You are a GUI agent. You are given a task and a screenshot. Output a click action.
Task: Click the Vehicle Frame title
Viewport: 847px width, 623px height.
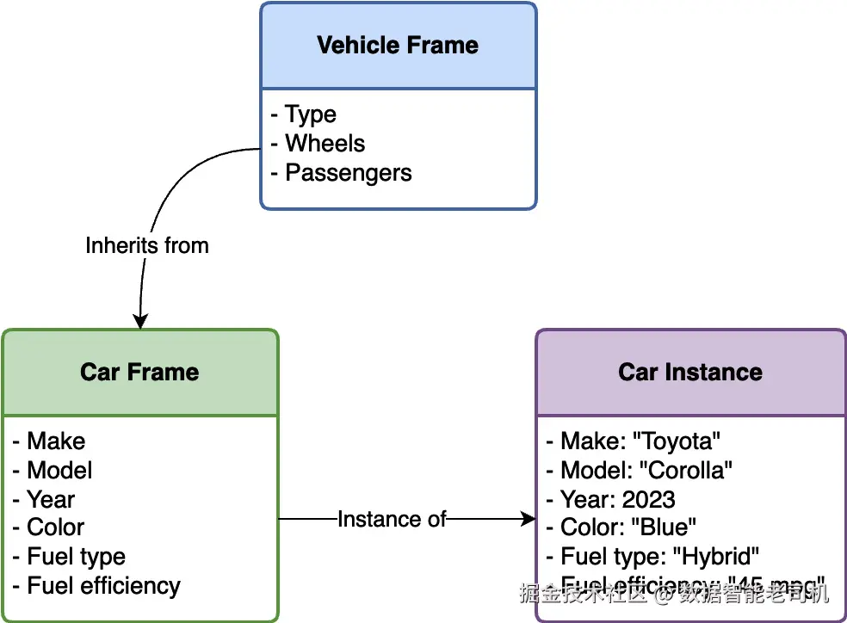(398, 46)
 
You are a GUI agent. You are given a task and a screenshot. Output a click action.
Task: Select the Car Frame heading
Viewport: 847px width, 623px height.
(139, 373)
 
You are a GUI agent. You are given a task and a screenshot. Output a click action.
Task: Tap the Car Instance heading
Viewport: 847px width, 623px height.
(690, 373)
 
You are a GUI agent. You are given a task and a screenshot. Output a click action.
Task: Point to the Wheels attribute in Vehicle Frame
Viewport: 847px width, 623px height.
(325, 144)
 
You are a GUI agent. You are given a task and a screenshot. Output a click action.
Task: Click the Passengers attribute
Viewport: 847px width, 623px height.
(348, 173)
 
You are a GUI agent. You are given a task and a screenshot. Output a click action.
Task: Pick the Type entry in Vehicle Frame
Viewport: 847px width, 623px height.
(310, 114)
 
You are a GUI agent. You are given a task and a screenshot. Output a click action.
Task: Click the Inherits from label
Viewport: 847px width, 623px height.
(147, 245)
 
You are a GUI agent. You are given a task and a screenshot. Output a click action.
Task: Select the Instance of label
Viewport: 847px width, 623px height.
(392, 519)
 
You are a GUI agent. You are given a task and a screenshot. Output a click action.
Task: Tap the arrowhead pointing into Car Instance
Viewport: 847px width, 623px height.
(529, 519)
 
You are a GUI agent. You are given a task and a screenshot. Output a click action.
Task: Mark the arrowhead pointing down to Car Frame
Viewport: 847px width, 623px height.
(139, 322)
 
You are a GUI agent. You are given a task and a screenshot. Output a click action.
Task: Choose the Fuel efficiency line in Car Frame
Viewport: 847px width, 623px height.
(103, 586)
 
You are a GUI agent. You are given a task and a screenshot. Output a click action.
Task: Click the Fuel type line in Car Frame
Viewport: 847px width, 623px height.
(76, 557)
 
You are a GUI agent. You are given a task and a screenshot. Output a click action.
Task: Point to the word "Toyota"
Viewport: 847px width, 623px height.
(677, 441)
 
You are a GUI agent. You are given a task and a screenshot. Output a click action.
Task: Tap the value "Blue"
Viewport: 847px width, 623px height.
(665, 527)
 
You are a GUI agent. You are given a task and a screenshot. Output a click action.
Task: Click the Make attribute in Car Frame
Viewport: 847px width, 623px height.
(56, 441)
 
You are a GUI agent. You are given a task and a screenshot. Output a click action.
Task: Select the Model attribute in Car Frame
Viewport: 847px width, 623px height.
(59, 471)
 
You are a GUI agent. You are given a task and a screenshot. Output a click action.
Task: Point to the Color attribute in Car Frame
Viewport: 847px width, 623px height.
(56, 527)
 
